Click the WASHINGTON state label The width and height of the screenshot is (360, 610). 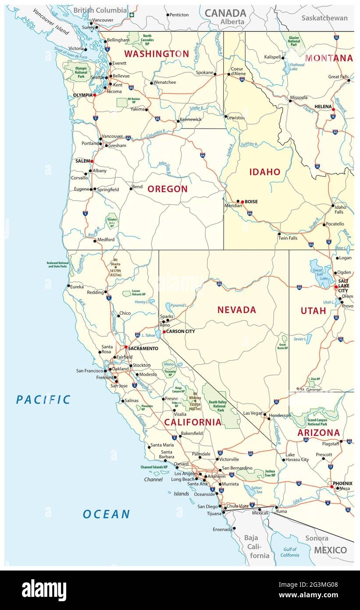(156, 54)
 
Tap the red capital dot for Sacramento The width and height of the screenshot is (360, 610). (126, 347)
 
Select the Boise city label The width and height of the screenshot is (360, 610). (251, 202)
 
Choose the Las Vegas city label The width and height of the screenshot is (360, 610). (253, 413)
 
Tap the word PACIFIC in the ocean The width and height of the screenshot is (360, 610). (43, 399)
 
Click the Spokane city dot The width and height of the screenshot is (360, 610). (215, 74)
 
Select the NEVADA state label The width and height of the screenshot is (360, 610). (236, 310)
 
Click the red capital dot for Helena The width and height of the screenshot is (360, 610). (333, 110)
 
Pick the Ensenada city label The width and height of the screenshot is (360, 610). (222, 529)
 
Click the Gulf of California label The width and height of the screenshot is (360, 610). (289, 552)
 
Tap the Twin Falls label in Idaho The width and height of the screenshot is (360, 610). (287, 238)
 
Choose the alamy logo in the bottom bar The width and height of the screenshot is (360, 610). (44, 590)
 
